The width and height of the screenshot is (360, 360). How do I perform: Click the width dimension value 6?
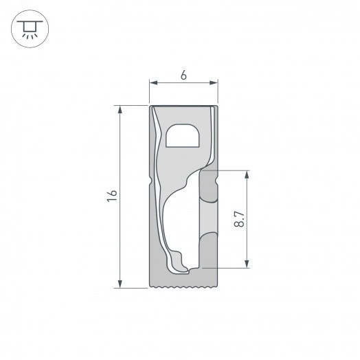[x=183, y=75]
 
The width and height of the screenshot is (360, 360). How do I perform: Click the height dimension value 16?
[x=113, y=196]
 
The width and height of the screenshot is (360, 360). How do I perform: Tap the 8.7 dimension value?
[x=239, y=218]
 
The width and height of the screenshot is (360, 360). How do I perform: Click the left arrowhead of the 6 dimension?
[x=153, y=83]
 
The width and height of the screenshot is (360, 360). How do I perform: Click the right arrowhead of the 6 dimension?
[x=214, y=83]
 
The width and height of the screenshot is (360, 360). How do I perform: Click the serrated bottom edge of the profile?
[x=183, y=285]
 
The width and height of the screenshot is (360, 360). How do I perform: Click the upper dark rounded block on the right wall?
[x=208, y=185]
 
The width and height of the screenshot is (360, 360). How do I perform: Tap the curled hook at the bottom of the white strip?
[x=179, y=265]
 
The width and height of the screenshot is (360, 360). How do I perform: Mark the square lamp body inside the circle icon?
[x=28, y=25]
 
